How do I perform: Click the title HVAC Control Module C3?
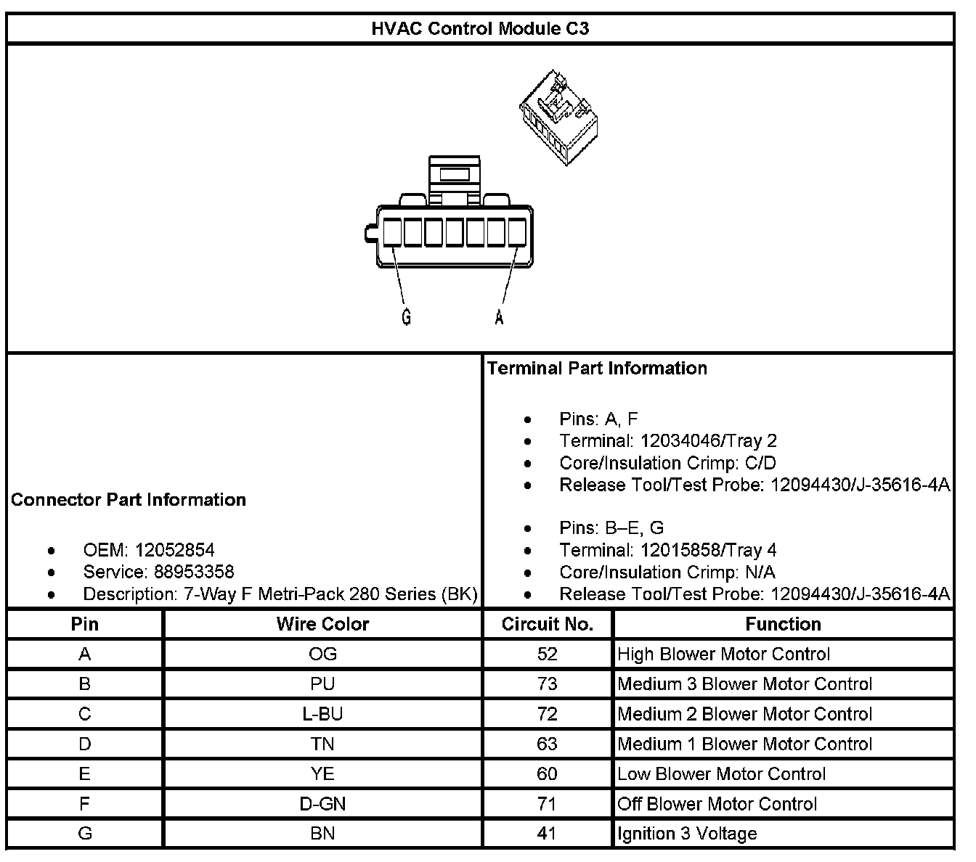(479, 29)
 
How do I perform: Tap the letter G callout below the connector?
(406, 317)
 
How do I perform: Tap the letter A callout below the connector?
(499, 317)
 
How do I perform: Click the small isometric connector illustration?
(558, 118)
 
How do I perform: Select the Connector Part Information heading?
(129, 500)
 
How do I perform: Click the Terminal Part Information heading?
(597, 369)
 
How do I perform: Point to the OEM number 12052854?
(174, 550)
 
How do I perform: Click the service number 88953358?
(194, 572)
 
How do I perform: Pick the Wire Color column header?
(322, 624)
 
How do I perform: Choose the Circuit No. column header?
(547, 624)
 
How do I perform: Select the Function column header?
(783, 624)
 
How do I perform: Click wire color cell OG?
(322, 654)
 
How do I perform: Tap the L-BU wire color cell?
(322, 714)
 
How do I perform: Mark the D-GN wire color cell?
(322, 804)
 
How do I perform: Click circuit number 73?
(547, 684)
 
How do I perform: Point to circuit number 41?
(547, 834)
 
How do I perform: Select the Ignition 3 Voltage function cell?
(687, 834)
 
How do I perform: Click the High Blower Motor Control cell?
(723, 654)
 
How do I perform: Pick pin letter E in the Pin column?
(85, 774)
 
